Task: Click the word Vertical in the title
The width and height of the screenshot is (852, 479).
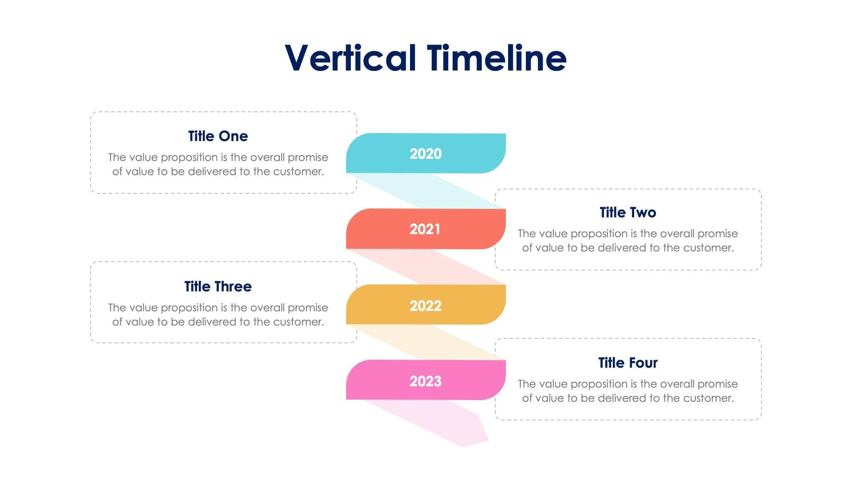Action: tap(350, 58)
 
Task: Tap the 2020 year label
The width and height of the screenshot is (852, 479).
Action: tap(425, 154)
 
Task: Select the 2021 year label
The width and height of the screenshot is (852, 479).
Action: tap(425, 229)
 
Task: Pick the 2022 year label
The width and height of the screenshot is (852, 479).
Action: tap(425, 306)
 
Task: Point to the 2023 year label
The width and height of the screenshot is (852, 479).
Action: tap(425, 381)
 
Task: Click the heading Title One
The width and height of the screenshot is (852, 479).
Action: tap(218, 136)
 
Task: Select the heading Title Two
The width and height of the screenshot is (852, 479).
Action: tap(627, 212)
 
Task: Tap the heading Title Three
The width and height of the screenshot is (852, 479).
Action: tap(218, 287)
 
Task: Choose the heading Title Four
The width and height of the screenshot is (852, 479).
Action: tap(627, 363)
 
